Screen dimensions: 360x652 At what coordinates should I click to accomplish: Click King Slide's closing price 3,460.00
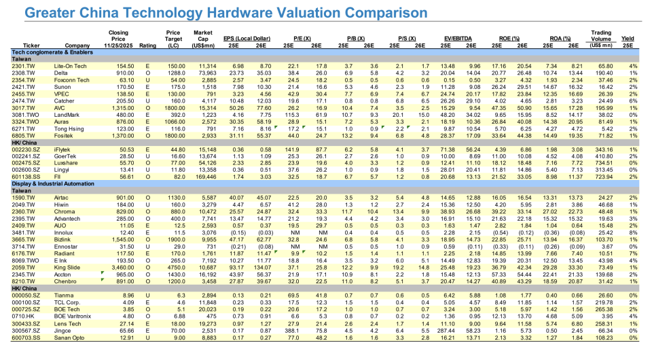(124, 268)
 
